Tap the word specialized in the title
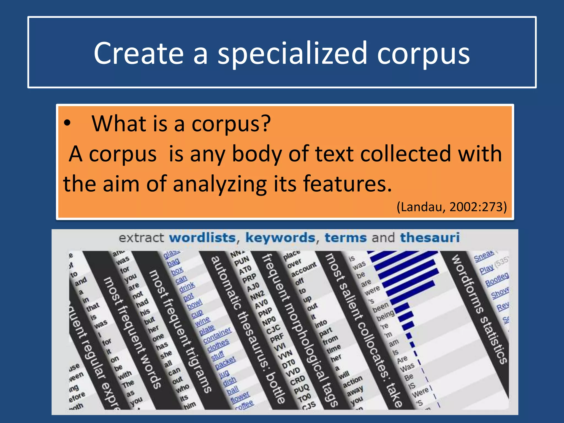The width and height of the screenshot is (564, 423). [x=292, y=54]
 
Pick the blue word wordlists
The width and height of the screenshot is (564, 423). [x=202, y=238]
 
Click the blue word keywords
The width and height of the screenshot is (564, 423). [x=280, y=238]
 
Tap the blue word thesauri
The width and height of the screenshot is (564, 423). [x=430, y=238]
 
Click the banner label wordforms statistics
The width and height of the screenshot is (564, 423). [x=479, y=310]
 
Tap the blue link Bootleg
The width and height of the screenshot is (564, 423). [x=497, y=279]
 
